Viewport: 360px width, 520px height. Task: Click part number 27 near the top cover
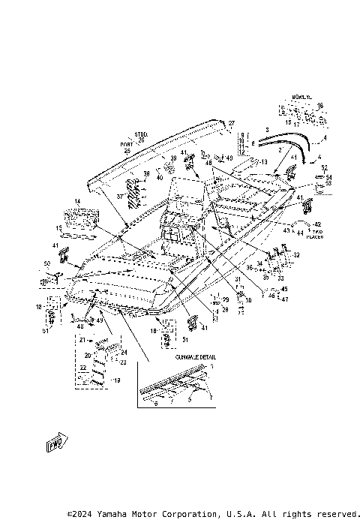(232, 122)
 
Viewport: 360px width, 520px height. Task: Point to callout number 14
(76, 202)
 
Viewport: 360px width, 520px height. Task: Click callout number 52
(324, 167)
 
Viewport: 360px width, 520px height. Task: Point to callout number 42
(317, 224)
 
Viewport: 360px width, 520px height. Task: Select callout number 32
(296, 255)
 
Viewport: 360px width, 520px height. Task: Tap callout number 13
(263, 162)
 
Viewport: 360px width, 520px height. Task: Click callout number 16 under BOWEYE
(319, 106)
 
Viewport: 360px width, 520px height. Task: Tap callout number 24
(124, 352)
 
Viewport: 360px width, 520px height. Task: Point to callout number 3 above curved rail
(265, 130)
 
